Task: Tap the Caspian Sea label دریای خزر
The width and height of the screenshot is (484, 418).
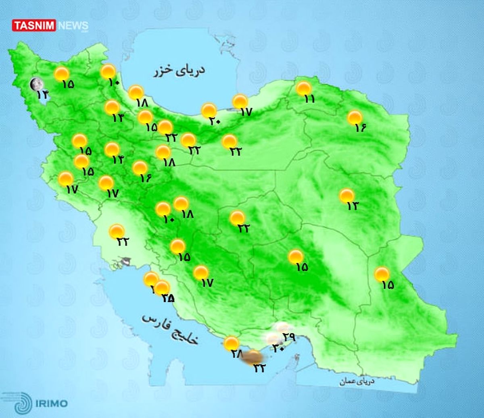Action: tap(179, 71)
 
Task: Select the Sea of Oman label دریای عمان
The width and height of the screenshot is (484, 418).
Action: tap(357, 381)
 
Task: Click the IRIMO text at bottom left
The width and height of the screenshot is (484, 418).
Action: tap(51, 403)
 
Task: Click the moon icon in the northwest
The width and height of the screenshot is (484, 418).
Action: tap(37, 84)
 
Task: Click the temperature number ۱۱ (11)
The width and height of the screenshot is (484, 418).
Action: tap(309, 99)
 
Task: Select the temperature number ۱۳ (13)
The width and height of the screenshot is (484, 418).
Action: tap(352, 206)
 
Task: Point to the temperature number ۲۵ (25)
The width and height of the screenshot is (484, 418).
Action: tap(167, 298)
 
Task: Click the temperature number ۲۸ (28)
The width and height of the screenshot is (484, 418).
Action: tap(236, 354)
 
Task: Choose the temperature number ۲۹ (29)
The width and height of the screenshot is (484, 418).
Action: tap(289, 336)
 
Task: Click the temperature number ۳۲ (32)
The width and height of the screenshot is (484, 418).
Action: tap(259, 368)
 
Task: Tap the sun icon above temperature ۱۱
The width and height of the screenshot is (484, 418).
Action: tap(303, 88)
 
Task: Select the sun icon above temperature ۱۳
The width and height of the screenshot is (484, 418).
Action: tap(346, 195)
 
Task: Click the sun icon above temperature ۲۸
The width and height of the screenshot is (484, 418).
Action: tap(231, 343)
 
